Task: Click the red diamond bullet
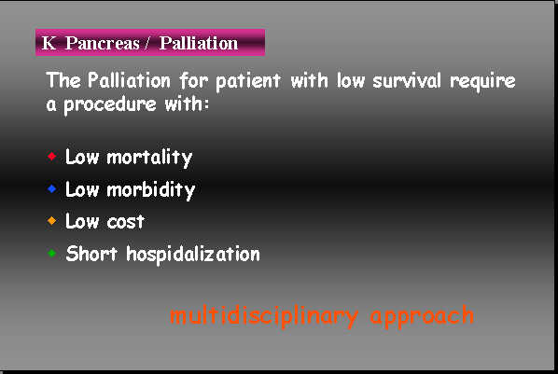point(52,155)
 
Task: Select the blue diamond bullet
point(52,188)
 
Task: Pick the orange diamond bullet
point(52,220)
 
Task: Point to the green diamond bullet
point(52,252)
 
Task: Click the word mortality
point(149,157)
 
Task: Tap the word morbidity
point(150,189)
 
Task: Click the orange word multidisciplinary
point(264,315)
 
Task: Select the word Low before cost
point(82,222)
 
